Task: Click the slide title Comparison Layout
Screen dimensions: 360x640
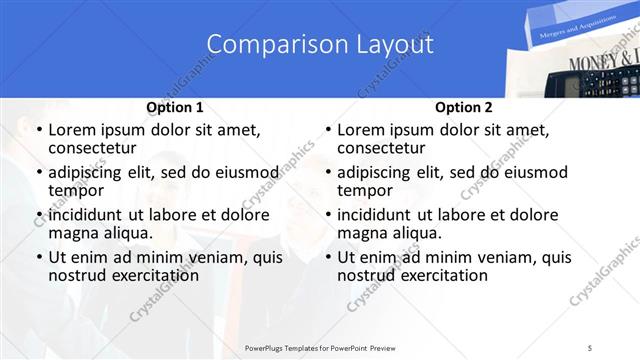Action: click(x=320, y=45)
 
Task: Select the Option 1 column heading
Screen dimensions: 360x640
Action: click(x=175, y=107)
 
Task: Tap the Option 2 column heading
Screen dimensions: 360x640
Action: click(x=463, y=107)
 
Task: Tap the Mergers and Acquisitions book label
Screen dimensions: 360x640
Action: click(x=560, y=31)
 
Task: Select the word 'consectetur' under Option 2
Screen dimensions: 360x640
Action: click(x=381, y=148)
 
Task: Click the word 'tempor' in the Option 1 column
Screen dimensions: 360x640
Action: click(x=76, y=190)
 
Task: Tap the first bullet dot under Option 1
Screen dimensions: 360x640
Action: click(x=39, y=131)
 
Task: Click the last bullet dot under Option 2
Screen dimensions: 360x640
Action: click(x=327, y=258)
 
